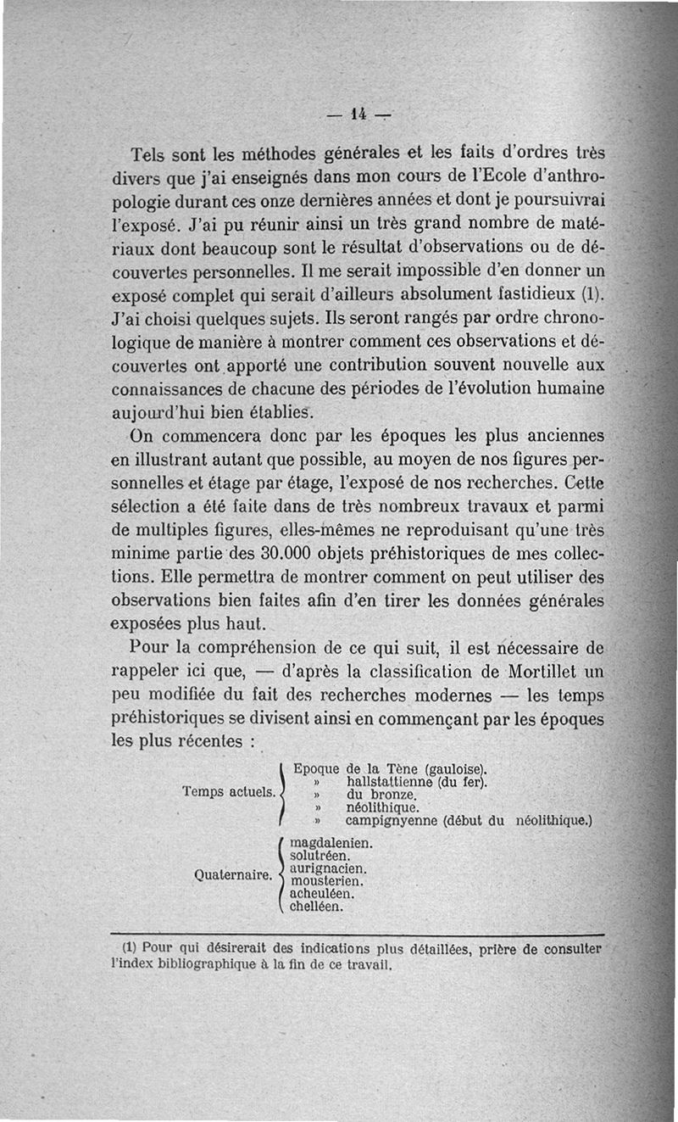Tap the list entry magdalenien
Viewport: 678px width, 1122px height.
coord(331,845)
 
